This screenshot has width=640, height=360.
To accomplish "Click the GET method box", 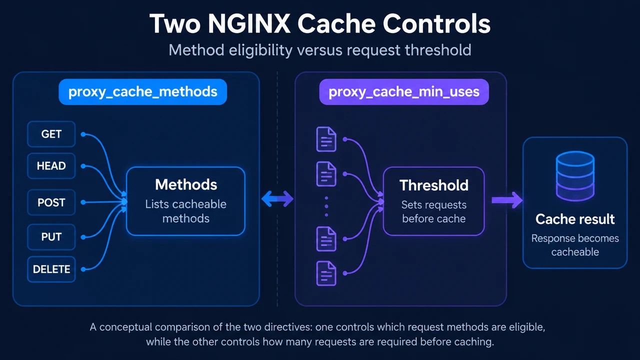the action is click(51, 134).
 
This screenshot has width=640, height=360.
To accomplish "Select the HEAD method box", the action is click(51, 165).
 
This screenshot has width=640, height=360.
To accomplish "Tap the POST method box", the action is click(51, 202).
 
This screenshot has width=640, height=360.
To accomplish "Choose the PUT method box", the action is click(51, 237).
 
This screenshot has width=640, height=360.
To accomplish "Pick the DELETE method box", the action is click(51, 269).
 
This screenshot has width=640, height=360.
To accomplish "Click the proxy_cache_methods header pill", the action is click(143, 91).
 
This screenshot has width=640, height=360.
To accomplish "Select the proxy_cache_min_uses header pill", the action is click(404, 91).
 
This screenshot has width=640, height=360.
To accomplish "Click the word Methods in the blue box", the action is click(186, 184).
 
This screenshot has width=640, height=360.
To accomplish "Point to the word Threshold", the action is click(434, 185).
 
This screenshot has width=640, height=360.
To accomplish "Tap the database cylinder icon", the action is click(575, 176).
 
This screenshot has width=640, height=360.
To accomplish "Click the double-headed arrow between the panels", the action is click(277, 198).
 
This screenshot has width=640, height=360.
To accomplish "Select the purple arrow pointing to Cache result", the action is click(507, 200).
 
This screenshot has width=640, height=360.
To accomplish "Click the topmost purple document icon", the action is click(326, 139).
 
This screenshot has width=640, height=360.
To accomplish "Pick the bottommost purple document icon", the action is click(326, 273).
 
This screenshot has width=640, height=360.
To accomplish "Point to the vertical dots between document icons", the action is click(326, 206).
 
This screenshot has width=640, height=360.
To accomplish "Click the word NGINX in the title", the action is click(249, 23).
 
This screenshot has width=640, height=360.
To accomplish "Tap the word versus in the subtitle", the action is click(320, 50).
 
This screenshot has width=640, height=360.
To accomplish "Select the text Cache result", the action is click(575, 219).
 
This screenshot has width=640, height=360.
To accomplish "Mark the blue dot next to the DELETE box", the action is click(83, 269).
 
